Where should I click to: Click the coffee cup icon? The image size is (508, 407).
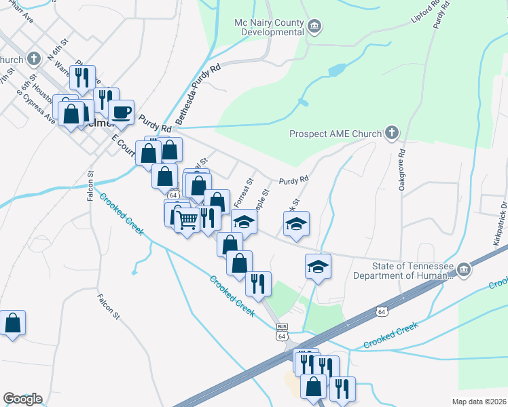pyautogui.click(x=122, y=112)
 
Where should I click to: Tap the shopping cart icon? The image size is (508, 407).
pyautogui.click(x=186, y=218)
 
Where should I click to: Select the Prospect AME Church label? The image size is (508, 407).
pyautogui.click(x=335, y=134)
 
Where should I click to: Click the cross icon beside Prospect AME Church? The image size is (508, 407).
pyautogui.click(x=392, y=133)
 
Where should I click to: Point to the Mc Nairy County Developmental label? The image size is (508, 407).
pyautogui.click(x=268, y=27)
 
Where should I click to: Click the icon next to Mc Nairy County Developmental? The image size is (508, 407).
pyautogui.click(x=314, y=27)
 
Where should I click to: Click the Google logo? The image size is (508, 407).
pyautogui.click(x=22, y=399)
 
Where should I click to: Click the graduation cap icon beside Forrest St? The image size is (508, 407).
pyautogui.click(x=244, y=222)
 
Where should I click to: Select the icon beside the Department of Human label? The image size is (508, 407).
pyautogui.click(x=464, y=270)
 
